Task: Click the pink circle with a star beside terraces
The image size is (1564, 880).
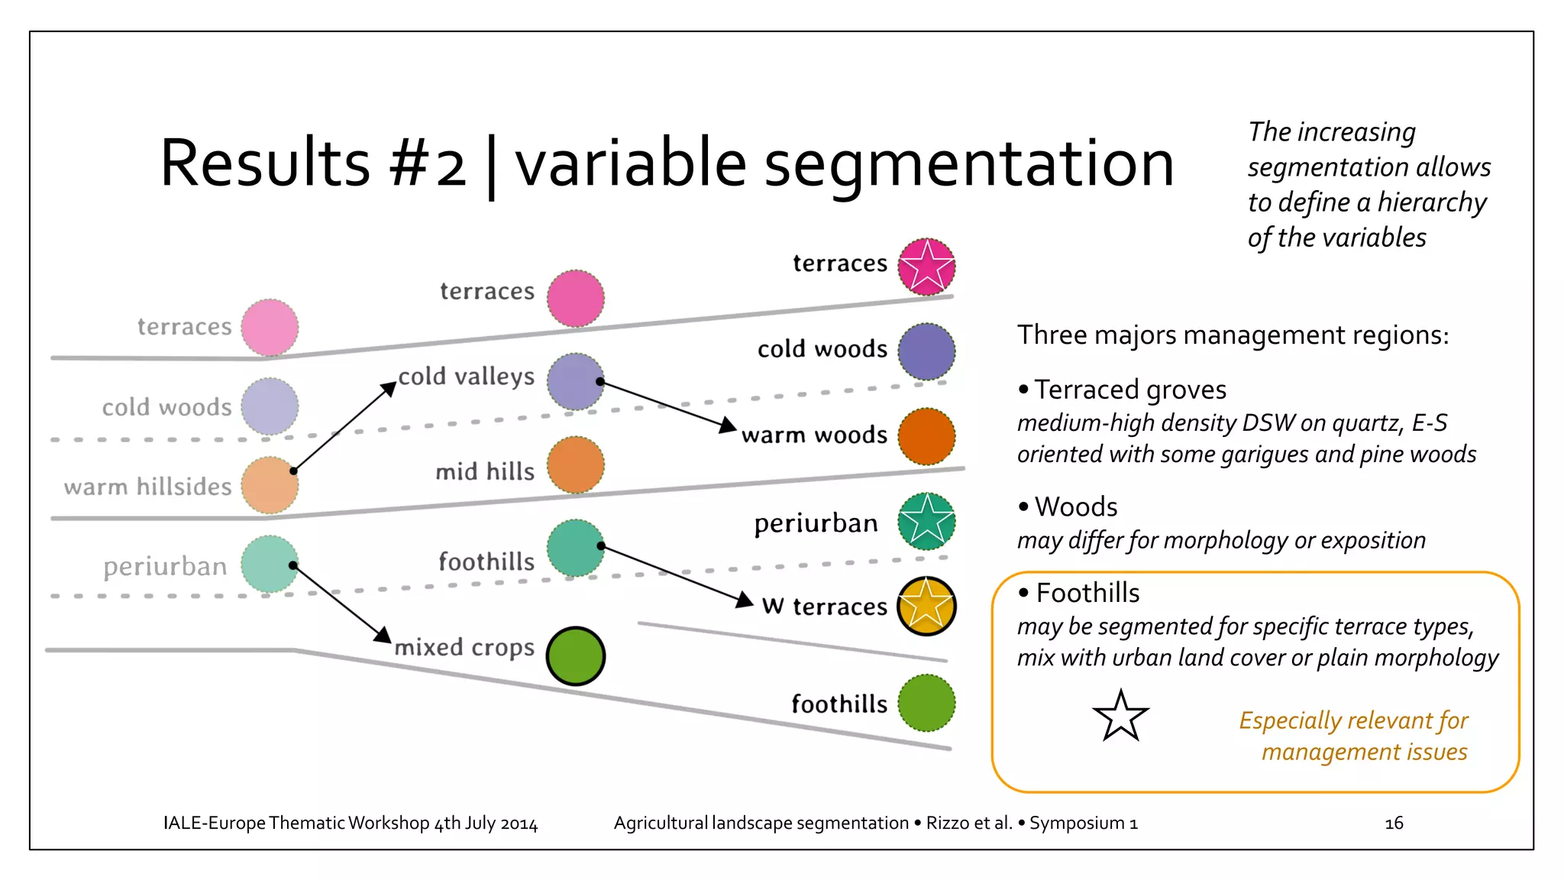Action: [926, 267]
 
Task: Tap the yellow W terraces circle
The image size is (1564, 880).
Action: [926, 607]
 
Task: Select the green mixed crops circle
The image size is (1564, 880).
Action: [576, 656]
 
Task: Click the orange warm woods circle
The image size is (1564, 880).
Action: [926, 437]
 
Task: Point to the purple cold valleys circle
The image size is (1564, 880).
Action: [576, 381]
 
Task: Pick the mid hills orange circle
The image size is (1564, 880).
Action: [576, 465]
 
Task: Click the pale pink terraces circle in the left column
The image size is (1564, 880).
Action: [270, 328]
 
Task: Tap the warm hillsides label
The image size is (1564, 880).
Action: [147, 487]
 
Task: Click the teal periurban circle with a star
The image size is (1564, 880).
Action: [926, 522]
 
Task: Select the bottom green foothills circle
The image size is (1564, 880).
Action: [926, 703]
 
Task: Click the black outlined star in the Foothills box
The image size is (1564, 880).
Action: [1120, 717]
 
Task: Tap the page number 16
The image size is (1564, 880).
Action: [1394, 823]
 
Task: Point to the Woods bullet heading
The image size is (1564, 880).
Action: [1075, 507]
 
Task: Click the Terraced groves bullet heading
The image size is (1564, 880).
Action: [1129, 390]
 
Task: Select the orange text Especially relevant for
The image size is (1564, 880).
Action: [1353, 720]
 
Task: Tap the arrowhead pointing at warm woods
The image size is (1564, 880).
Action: [728, 425]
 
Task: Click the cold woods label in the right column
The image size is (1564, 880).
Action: [822, 349]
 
